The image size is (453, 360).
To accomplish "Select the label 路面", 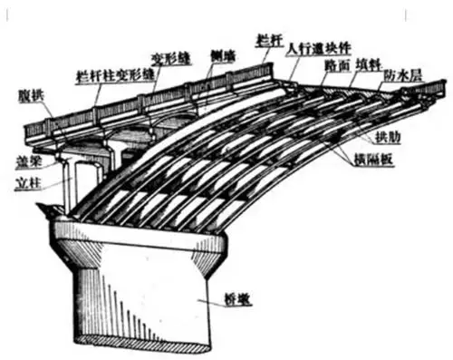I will (x=337, y=66).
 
